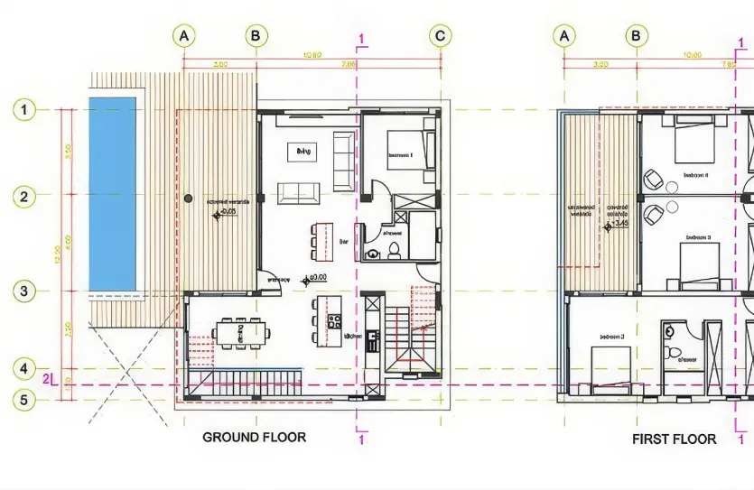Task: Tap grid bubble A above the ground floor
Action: click(x=183, y=35)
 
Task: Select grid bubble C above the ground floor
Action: click(x=440, y=35)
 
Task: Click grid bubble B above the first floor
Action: click(x=638, y=35)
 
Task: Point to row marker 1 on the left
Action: click(x=23, y=110)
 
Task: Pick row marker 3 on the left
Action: click(x=23, y=291)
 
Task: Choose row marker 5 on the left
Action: click(x=23, y=398)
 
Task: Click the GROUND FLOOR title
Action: click(x=254, y=437)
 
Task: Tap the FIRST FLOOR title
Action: click(x=675, y=439)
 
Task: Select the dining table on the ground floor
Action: click(x=240, y=333)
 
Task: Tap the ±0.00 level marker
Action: click(x=313, y=278)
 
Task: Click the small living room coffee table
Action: click(x=302, y=153)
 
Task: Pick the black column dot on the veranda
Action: click(x=188, y=197)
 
